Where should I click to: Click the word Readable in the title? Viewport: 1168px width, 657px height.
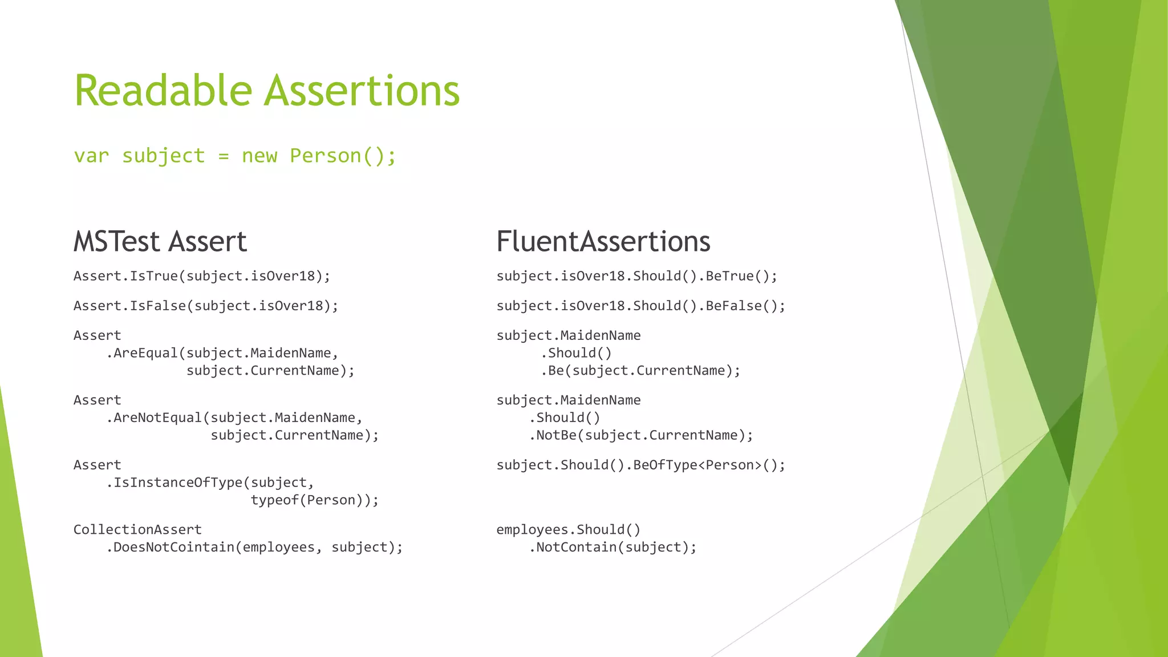(x=163, y=91)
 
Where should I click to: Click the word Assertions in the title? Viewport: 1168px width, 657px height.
(x=363, y=91)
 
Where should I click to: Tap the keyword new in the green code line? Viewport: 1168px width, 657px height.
(x=259, y=156)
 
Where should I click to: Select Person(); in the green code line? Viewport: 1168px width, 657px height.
(x=343, y=156)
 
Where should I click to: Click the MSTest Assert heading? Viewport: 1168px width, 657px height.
(x=160, y=241)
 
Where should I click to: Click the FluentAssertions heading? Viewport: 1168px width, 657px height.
(x=603, y=241)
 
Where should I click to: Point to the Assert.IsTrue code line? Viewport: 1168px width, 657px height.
(x=202, y=276)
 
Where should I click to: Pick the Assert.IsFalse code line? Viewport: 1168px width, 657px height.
(x=206, y=306)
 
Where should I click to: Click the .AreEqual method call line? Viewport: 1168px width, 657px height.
(x=222, y=353)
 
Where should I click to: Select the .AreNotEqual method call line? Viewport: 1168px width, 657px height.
(x=234, y=417)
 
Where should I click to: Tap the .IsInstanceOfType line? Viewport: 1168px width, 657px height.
(x=210, y=482)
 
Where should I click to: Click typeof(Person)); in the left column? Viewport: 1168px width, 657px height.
(x=315, y=500)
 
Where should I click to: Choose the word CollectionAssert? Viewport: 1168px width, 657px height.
(x=137, y=529)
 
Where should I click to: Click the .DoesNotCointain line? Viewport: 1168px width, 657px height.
(x=254, y=547)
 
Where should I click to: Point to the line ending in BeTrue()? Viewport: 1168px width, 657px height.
(x=636, y=276)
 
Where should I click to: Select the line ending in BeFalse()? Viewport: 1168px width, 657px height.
(x=640, y=306)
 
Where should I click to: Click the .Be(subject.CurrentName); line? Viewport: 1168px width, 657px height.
(x=640, y=371)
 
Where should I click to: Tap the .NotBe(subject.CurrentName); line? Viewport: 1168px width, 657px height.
(x=640, y=435)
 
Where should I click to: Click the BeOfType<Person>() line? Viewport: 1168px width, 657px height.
(x=640, y=465)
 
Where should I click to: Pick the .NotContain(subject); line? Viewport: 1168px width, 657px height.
(x=613, y=547)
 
